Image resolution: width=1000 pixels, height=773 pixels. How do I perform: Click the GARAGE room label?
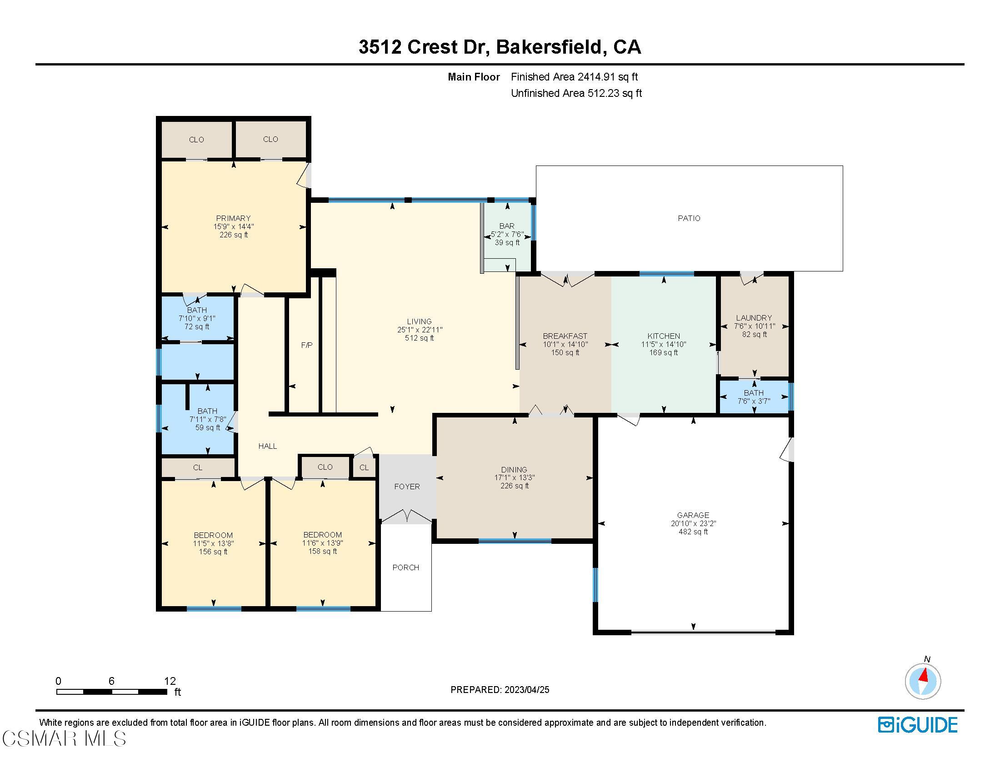coord(693,515)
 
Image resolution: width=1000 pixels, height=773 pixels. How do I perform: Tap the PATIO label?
coord(689,218)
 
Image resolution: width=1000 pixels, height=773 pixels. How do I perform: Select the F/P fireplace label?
coord(306,345)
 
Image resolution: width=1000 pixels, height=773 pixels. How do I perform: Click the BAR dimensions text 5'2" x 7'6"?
coord(507,234)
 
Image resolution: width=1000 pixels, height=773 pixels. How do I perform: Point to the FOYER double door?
coord(407,516)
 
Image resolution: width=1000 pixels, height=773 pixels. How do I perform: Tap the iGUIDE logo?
coord(917,725)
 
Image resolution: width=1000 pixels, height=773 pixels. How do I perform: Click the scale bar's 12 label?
coord(170,681)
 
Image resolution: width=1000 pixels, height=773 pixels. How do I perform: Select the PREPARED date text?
coord(500,690)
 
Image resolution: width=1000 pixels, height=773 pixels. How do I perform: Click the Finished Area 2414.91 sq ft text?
coord(574,77)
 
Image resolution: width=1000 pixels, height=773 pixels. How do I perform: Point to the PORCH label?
coord(405,567)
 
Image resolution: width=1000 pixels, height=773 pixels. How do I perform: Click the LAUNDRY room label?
coord(754,317)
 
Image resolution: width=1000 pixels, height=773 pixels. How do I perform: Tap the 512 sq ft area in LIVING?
coord(419,338)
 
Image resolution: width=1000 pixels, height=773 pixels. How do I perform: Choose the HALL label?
coord(267,446)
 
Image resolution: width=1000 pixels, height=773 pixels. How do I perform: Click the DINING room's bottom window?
coord(515,541)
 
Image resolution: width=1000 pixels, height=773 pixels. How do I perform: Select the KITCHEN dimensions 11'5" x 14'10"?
coord(664,344)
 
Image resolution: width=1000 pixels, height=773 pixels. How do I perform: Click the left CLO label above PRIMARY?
coord(196,140)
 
